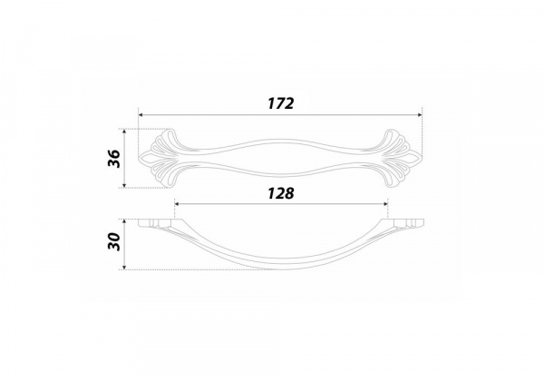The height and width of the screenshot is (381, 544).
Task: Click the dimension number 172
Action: [x=281, y=103]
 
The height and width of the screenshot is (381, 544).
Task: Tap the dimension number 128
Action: [x=281, y=193]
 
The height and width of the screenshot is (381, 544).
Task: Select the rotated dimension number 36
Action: [x=114, y=159]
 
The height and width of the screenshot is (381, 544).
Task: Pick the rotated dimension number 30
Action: [x=114, y=241]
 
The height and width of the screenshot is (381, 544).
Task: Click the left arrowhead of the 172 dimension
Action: [x=141, y=115]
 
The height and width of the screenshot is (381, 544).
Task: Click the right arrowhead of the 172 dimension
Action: [x=420, y=115]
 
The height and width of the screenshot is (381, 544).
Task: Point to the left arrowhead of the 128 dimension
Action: [x=177, y=204]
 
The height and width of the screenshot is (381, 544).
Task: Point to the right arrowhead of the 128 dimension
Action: [x=385, y=204]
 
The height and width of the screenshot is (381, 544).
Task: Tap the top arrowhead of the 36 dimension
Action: [x=124, y=132]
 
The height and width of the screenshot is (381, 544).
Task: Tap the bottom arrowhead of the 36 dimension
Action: [x=124, y=185]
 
